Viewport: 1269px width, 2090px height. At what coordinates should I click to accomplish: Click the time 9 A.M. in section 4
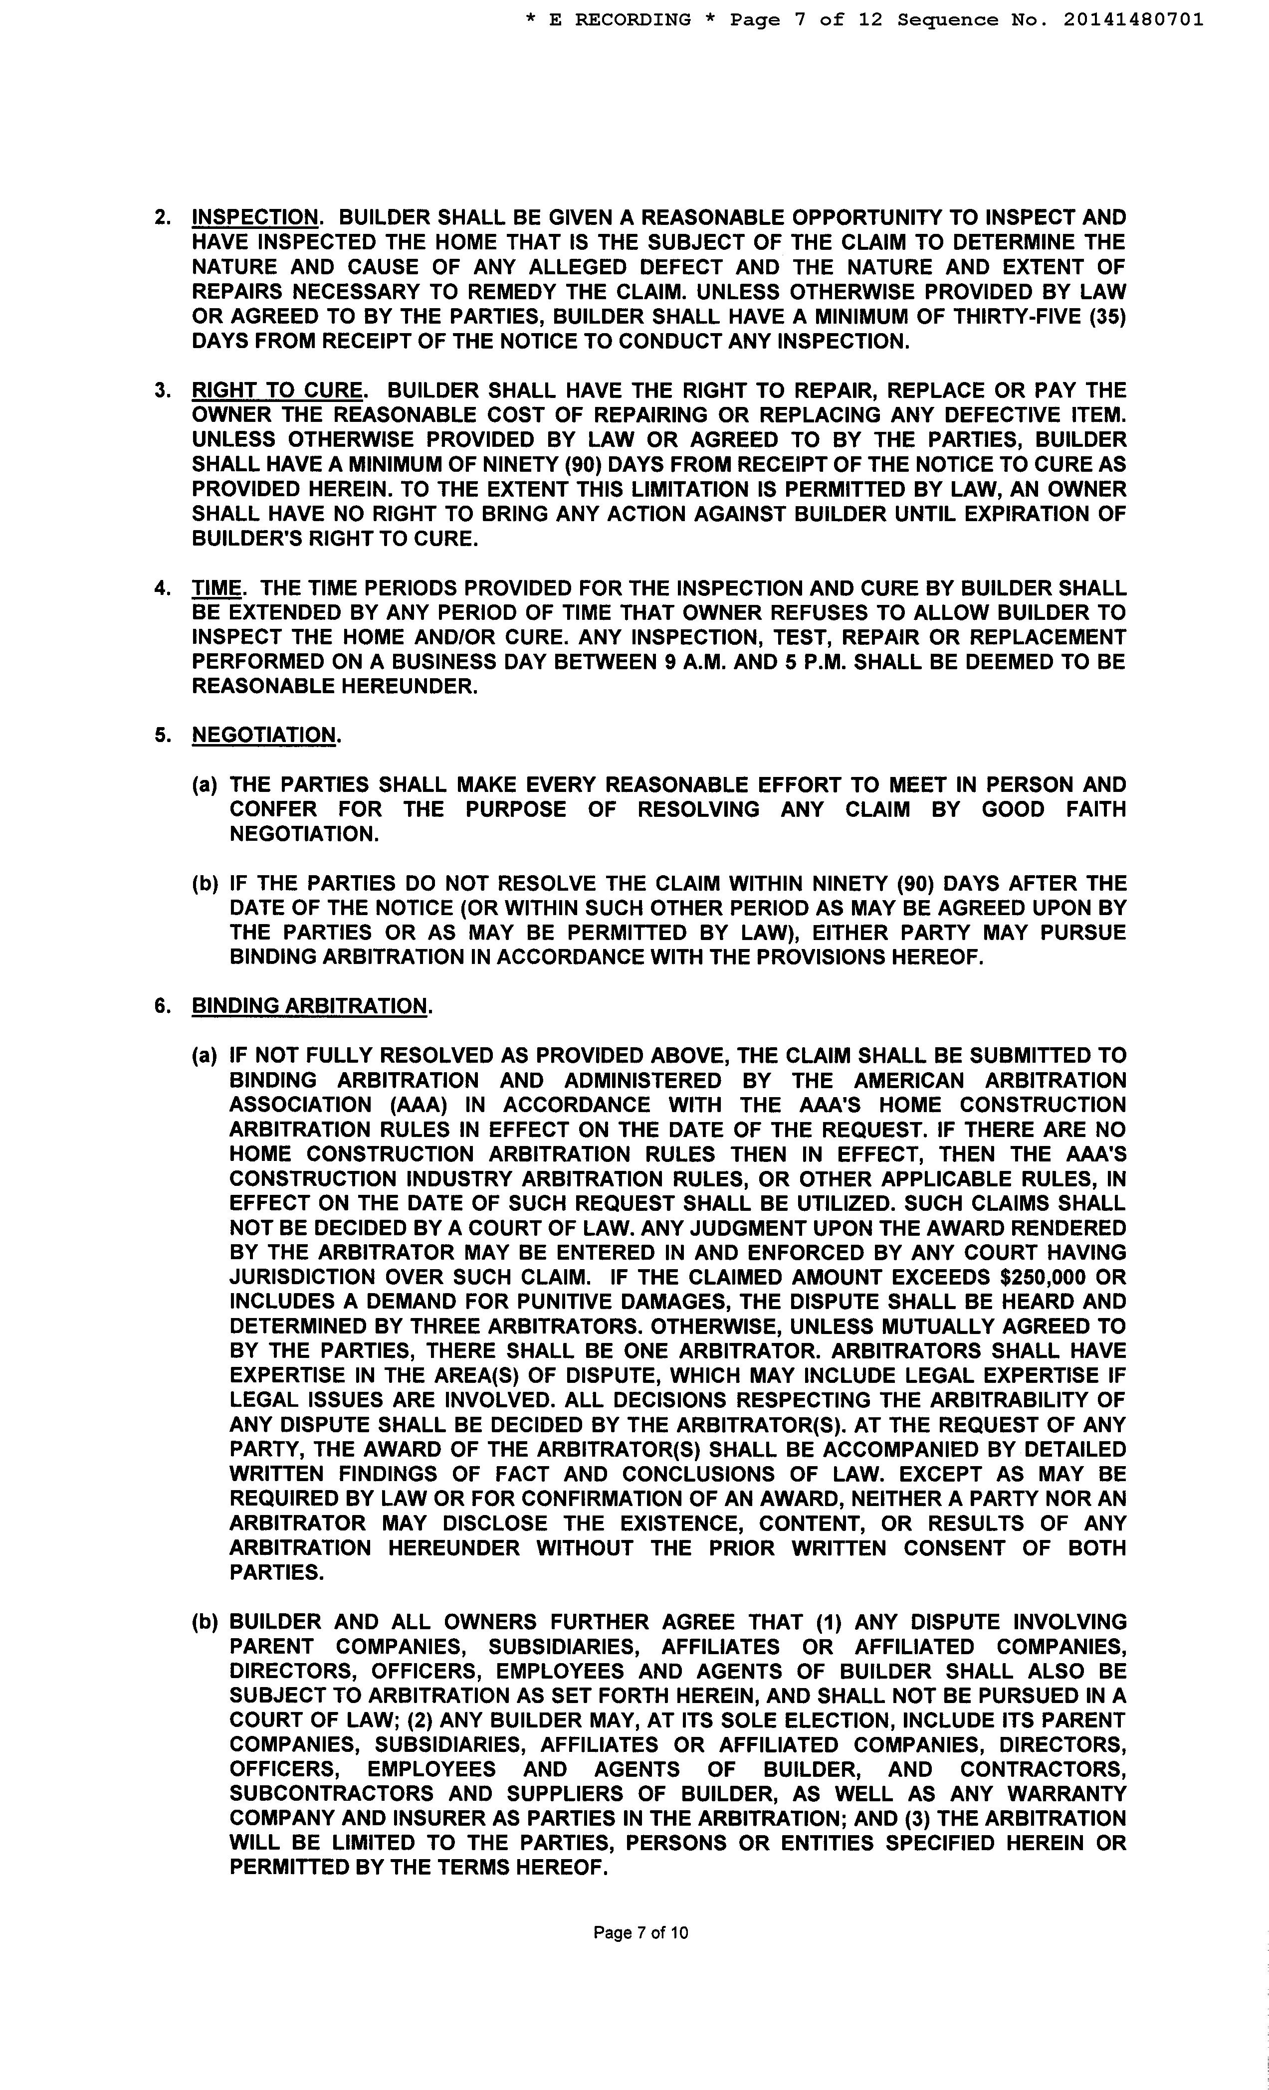695,662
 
